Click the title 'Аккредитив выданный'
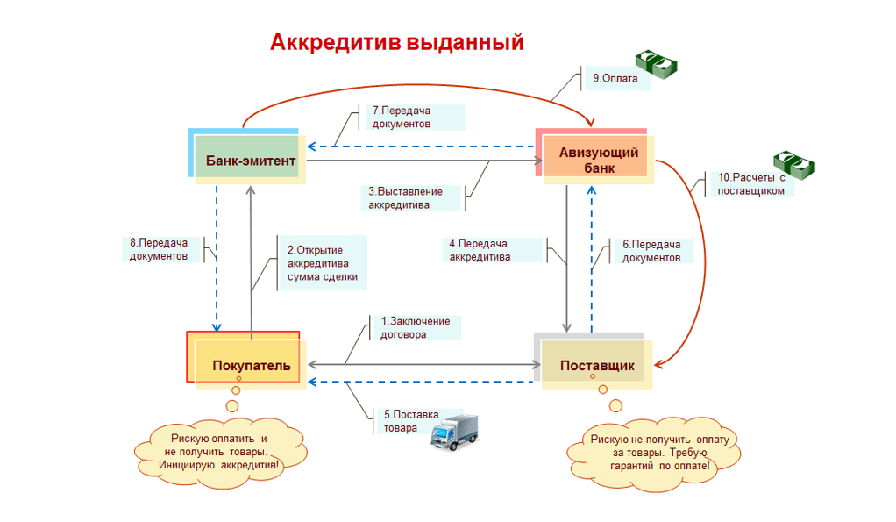coord(396,42)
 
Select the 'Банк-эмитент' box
coord(250,160)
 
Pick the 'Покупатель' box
coord(250,365)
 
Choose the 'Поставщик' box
coord(596,365)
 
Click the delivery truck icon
coord(456,432)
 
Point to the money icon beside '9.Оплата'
coord(658,62)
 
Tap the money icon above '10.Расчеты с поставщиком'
coord(793,163)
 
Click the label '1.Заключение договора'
coord(415,327)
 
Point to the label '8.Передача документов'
coord(164,249)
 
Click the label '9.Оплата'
coord(615,78)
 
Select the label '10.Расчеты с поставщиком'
coord(750,184)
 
